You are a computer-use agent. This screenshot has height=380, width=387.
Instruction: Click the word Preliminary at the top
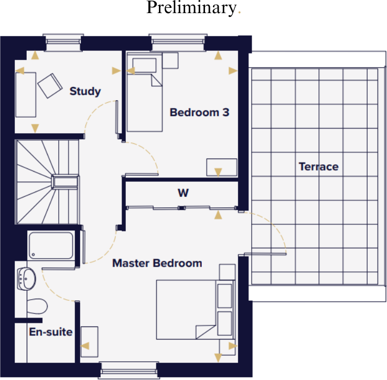pos(191,8)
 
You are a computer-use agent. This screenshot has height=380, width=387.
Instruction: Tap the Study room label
pos(85,92)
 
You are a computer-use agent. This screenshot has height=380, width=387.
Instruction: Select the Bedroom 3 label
pos(199,112)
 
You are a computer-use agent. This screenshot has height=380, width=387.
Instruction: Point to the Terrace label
pos(318,167)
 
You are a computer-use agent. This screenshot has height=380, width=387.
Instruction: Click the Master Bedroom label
pos(157,263)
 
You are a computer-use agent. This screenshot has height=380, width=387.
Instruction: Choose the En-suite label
pos(50,332)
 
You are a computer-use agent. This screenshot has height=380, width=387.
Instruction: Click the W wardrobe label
pos(182,193)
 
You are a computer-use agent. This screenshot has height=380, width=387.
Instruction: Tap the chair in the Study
pos(50,85)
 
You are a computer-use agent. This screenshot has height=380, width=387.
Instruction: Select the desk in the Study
pos(25,94)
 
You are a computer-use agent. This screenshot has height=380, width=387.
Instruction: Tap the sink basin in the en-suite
pos(26,277)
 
